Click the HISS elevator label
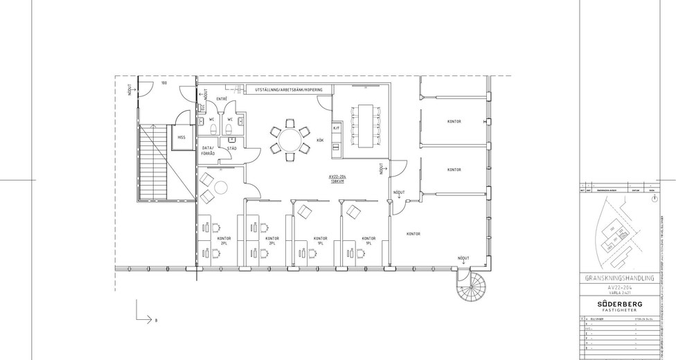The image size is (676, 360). click(x=181, y=137)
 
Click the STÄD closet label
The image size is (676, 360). click(x=231, y=147)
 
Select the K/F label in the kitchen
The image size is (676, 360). click(x=337, y=128)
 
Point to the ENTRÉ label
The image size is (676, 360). click(x=222, y=99)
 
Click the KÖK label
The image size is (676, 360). click(x=320, y=140)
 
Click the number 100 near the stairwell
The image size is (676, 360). click(x=164, y=83)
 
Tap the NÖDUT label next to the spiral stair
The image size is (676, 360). click(x=463, y=258)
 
